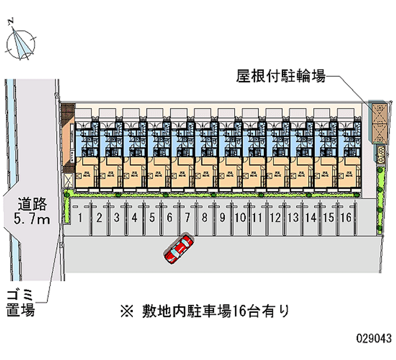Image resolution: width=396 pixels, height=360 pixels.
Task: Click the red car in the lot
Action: point(179,249)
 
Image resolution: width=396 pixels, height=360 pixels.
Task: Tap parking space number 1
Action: point(80,217)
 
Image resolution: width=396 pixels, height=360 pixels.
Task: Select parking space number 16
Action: point(346,217)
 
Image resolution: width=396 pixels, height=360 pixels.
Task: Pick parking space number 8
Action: point(204,217)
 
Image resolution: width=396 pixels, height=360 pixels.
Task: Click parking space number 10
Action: point(240,217)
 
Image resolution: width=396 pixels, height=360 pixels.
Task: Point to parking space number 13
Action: point(293,217)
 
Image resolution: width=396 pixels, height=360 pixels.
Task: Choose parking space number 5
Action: point(151,217)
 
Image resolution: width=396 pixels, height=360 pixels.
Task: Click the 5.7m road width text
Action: point(32,219)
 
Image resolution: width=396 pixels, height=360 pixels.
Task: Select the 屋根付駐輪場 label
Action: point(280,77)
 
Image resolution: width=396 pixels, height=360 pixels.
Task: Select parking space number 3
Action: point(116,217)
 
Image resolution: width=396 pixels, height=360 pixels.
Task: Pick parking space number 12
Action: point(275,217)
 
